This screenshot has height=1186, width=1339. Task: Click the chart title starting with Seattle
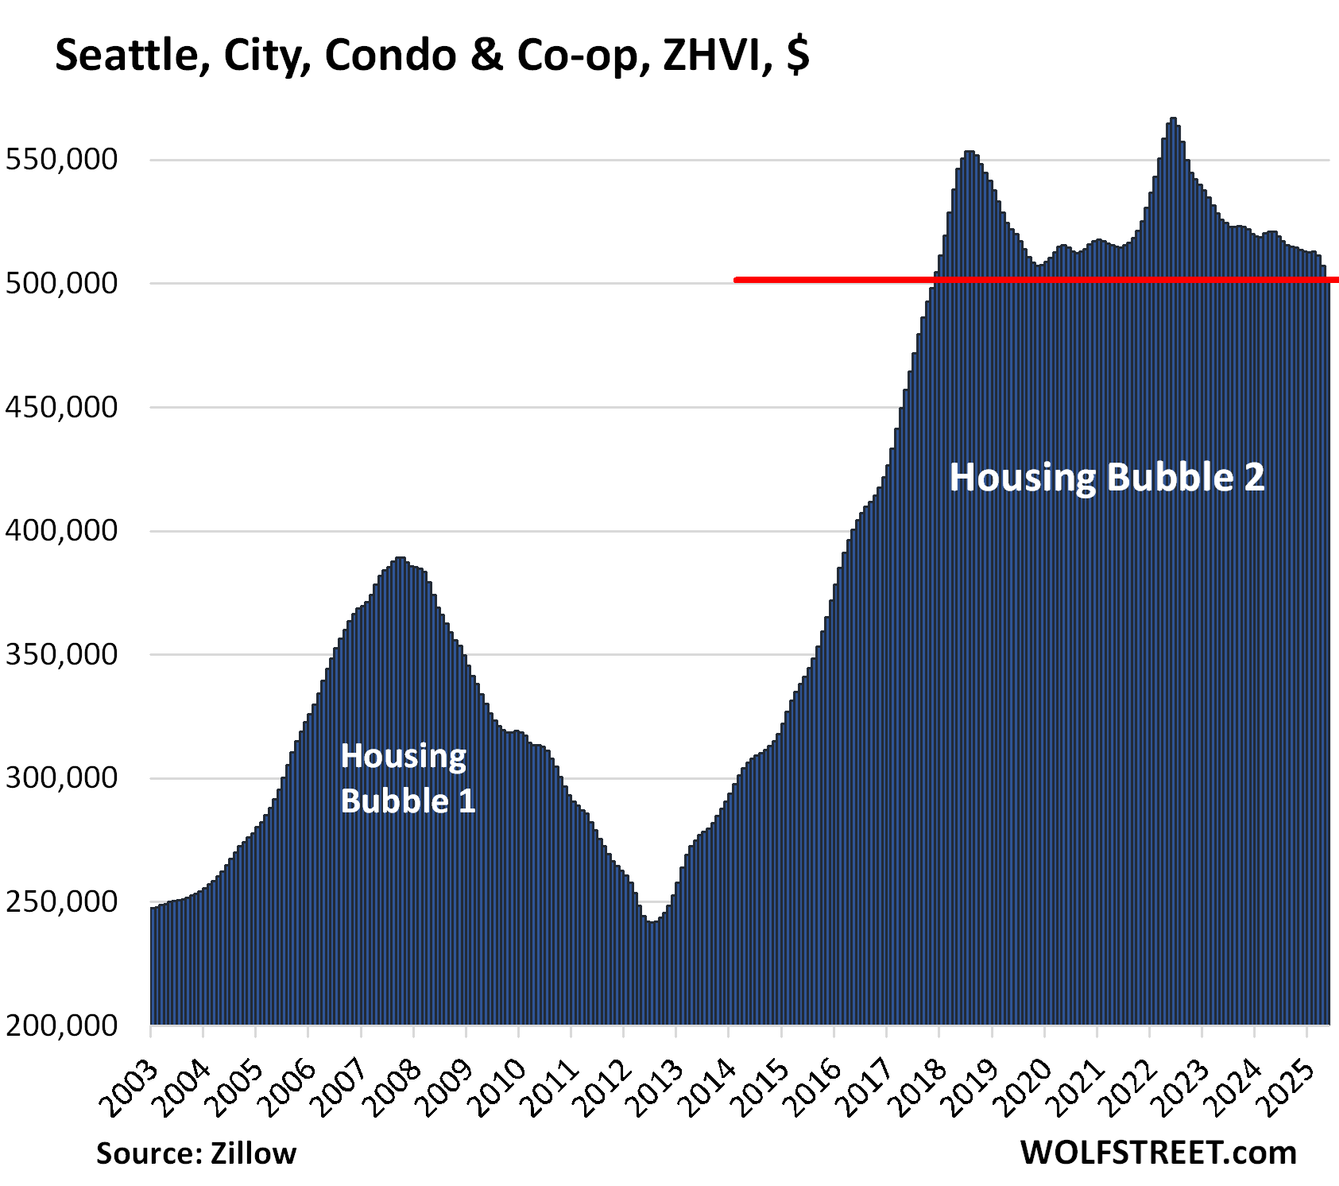point(431,56)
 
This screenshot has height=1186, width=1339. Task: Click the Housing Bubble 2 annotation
point(1106,477)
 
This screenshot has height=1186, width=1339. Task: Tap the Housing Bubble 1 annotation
point(407,778)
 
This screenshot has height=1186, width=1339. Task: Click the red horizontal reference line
point(1033,280)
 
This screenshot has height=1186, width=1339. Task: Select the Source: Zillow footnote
point(196,1153)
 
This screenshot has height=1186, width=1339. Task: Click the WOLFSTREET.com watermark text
point(1158,1152)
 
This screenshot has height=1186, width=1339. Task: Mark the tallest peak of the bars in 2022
point(1173,119)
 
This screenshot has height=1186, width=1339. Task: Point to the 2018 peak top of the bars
point(969,153)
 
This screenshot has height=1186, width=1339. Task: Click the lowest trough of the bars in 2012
point(652,922)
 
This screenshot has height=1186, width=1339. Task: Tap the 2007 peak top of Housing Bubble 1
point(401,559)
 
